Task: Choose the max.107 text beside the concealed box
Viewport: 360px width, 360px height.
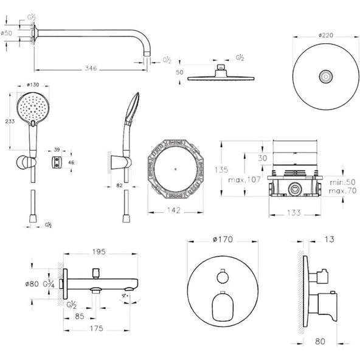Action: [x=244, y=180]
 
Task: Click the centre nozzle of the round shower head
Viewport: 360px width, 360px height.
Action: [x=327, y=77]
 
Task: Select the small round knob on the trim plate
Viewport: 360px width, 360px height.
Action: [x=223, y=278]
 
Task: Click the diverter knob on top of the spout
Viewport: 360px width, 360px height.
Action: [x=95, y=272]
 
